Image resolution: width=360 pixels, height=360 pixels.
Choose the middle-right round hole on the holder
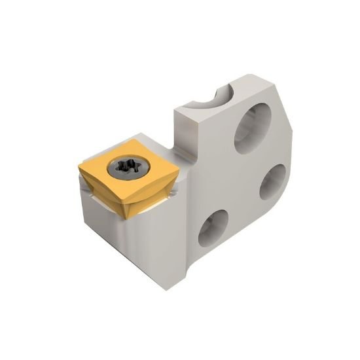(x=272, y=181)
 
